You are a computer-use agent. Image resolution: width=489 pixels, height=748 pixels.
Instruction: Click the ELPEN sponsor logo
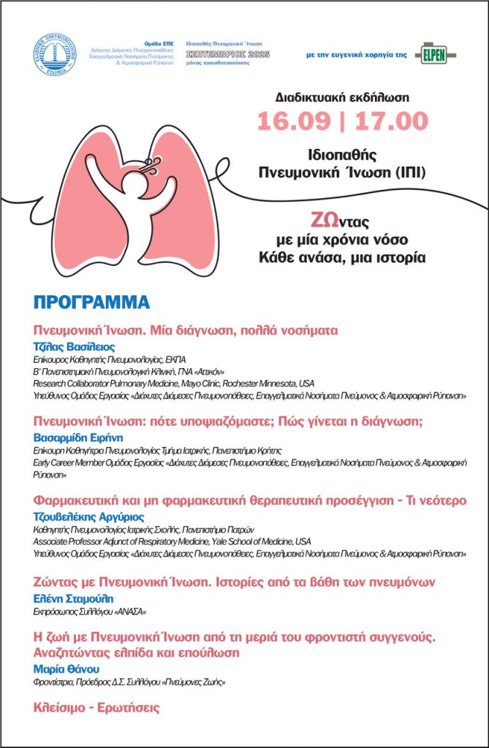tap(435, 53)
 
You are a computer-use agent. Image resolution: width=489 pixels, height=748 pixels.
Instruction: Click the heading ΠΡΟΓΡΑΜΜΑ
tap(91, 302)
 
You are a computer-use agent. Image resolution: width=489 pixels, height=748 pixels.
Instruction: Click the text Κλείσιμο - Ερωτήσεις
tap(96, 707)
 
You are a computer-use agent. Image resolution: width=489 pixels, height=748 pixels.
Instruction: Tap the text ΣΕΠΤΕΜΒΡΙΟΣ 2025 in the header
tap(227, 54)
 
